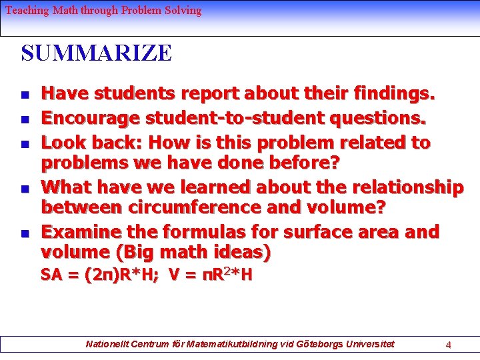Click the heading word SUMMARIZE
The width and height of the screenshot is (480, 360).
[96, 53]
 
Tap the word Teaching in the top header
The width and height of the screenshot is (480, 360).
[26, 10]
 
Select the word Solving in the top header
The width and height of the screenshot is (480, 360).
[184, 10]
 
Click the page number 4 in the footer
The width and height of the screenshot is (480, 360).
[449, 345]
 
